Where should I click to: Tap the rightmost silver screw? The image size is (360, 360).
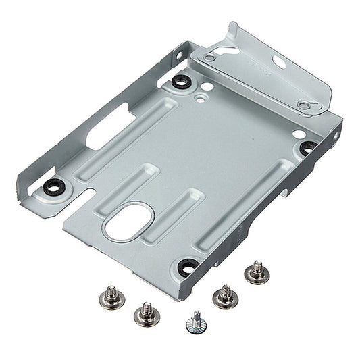click(x=255, y=272)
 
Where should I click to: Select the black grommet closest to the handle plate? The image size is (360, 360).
click(x=180, y=82)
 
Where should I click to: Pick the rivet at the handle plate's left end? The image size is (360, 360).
click(x=210, y=58)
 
